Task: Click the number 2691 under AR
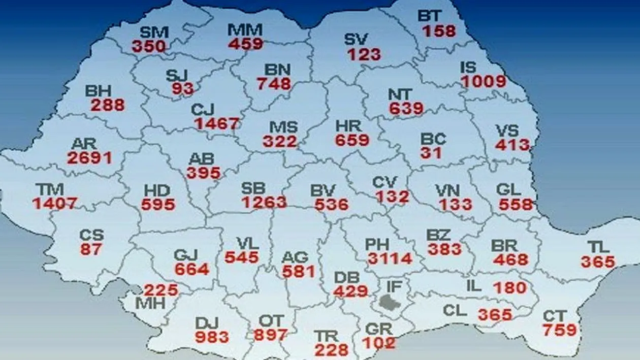[x=89, y=157]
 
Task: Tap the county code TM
[x=50, y=190]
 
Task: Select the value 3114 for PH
[x=390, y=258]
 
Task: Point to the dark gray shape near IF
[x=390, y=302]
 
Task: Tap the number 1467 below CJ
[x=216, y=123]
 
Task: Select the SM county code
[x=154, y=32]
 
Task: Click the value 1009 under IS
[x=484, y=81]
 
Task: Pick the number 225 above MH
[x=161, y=290]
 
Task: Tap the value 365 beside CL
[x=495, y=315]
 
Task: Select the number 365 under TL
[x=598, y=262]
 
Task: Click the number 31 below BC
[x=431, y=153]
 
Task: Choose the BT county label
[x=430, y=16]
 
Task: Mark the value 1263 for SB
[x=264, y=202]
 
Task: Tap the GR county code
[x=379, y=329]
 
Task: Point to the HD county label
[x=157, y=191]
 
